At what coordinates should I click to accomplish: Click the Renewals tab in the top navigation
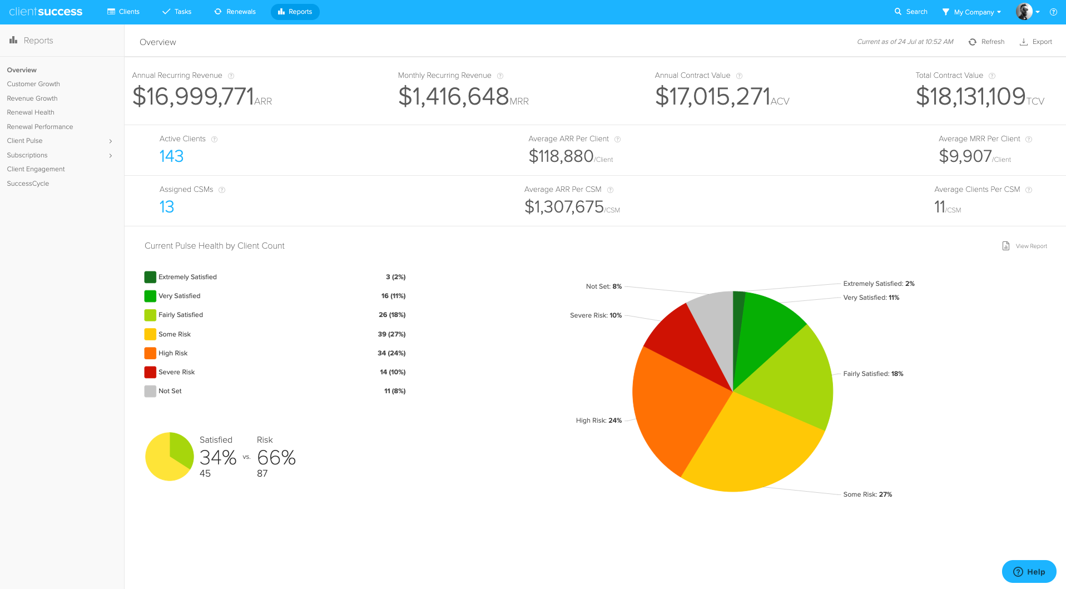235,12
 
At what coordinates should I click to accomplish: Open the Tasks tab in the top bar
177,12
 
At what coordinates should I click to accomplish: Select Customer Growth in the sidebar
33,84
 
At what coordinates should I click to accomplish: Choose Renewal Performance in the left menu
40,127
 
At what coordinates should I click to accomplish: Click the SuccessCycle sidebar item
28,184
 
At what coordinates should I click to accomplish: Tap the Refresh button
986,42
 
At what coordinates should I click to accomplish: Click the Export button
1036,42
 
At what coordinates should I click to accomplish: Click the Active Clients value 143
171,156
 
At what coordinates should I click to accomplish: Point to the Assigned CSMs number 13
167,207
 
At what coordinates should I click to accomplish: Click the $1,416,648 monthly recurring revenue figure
454,97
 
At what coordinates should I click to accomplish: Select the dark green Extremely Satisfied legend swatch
150,277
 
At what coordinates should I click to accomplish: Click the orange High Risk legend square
150,353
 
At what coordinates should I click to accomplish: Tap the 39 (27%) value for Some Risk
391,334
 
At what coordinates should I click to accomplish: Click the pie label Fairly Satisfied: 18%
873,374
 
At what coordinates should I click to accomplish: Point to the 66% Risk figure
276,458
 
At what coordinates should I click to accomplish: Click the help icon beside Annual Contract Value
739,76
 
